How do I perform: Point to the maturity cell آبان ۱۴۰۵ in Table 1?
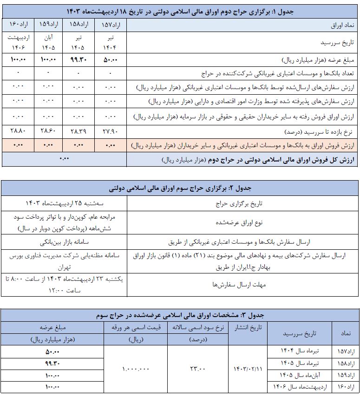(x=47, y=43)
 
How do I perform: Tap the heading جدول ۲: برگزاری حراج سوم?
(x=180, y=189)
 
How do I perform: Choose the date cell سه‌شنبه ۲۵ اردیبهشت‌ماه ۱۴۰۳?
(x=65, y=204)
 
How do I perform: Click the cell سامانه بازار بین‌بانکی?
(x=65, y=242)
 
